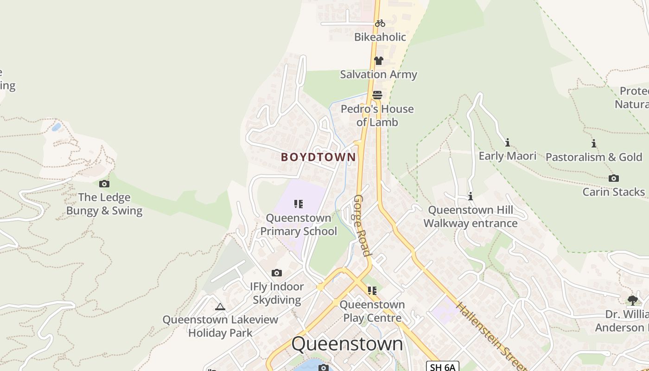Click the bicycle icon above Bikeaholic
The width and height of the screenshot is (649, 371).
click(x=380, y=23)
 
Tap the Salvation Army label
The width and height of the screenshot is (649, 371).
click(x=378, y=74)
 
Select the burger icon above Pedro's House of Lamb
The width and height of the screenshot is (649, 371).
click(x=377, y=95)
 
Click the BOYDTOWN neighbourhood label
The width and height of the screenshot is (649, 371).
click(x=318, y=157)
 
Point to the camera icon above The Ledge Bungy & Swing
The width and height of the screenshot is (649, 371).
click(x=104, y=184)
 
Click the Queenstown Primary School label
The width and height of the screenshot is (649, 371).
click(x=299, y=224)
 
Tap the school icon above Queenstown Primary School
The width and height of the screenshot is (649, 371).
click(x=299, y=204)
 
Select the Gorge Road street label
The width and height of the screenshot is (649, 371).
click(x=362, y=225)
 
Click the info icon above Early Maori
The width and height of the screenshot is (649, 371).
click(x=508, y=142)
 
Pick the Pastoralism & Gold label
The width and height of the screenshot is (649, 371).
click(x=594, y=157)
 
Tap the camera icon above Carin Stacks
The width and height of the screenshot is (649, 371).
click(x=614, y=179)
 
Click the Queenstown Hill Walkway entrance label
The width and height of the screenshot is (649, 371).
click(x=471, y=217)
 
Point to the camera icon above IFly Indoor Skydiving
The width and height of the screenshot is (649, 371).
click(x=277, y=273)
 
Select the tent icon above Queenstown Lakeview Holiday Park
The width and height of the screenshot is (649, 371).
click(x=220, y=307)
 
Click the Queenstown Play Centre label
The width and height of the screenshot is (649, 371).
click(x=372, y=311)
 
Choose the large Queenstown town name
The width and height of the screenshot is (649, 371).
click(x=347, y=344)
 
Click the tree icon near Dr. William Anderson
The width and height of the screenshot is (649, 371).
click(x=632, y=301)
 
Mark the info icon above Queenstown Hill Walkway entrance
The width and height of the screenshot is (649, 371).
click(x=471, y=197)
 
